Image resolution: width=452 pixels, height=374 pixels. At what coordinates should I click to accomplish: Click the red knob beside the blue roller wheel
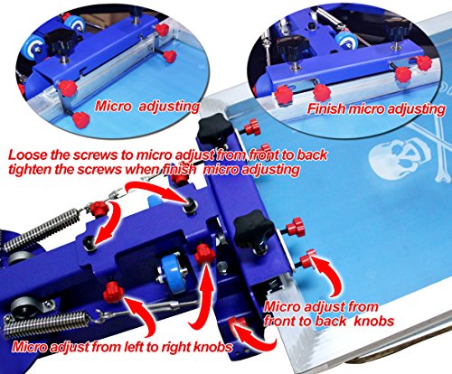pyautogui.click(x=206, y=257)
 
